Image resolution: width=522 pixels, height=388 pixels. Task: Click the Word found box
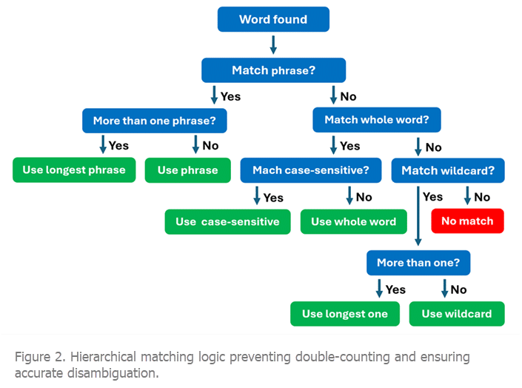[273, 19]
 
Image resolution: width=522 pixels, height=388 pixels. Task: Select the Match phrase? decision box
[273, 70]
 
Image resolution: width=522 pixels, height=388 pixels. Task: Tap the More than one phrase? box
[155, 121]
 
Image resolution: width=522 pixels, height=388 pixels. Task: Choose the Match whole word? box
[377, 119]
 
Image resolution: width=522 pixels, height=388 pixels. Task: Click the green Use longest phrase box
[74, 170]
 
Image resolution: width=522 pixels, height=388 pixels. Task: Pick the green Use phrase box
[188, 170]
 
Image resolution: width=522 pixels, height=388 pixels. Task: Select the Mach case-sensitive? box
[310, 170]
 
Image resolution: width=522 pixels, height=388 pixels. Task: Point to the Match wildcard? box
[448, 170]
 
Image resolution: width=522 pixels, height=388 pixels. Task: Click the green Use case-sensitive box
[227, 222]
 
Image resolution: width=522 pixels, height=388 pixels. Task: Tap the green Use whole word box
[353, 221]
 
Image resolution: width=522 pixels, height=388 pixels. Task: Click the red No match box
[467, 221]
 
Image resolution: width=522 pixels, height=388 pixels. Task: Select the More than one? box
[418, 263]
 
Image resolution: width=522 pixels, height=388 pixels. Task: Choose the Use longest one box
[345, 314]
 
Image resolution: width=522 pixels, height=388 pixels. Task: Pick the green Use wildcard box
[457, 314]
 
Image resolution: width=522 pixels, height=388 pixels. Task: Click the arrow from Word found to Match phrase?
[273, 44]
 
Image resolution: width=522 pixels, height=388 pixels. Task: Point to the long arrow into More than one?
[418, 215]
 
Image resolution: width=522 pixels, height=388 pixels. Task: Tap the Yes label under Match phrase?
[230, 96]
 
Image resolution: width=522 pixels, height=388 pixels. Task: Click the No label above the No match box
[482, 197]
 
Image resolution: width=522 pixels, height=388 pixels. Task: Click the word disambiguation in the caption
[113, 373]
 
